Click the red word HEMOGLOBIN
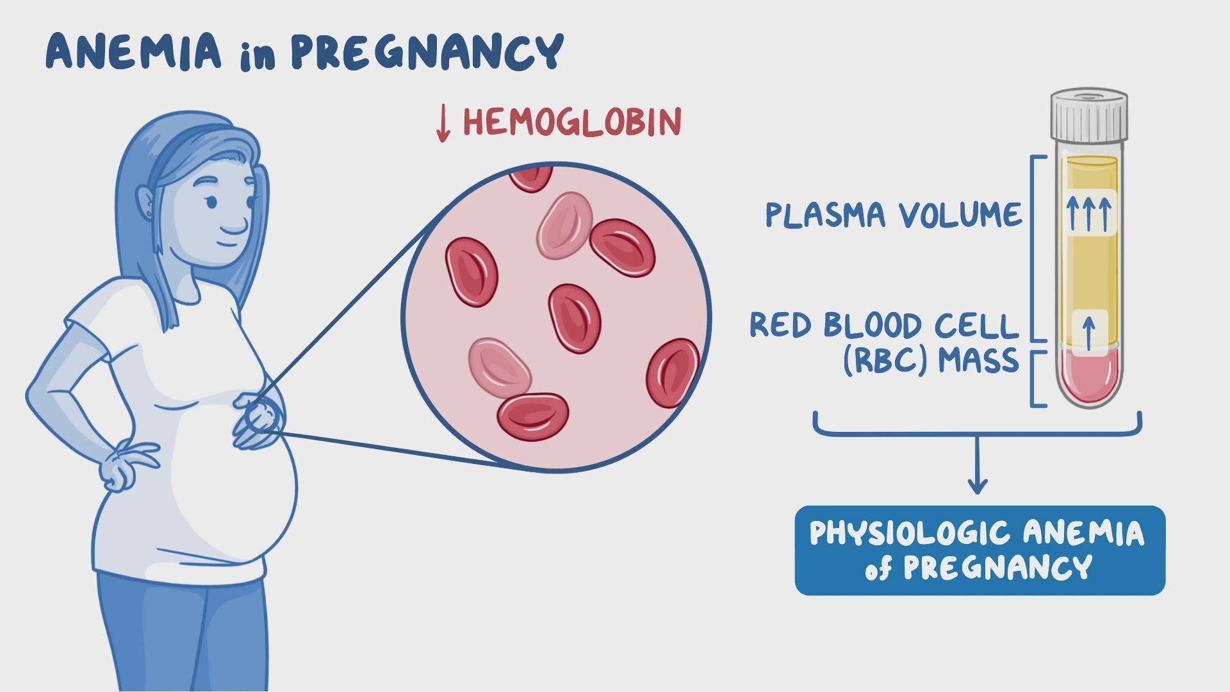[x=572, y=122]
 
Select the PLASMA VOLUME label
[x=894, y=215]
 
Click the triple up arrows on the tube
[x=1088, y=213]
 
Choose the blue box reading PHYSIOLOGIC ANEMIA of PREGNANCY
[x=980, y=550]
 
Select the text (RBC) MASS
[x=930, y=361]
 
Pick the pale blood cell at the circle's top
[x=564, y=224]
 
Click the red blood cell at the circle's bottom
[x=533, y=416]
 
